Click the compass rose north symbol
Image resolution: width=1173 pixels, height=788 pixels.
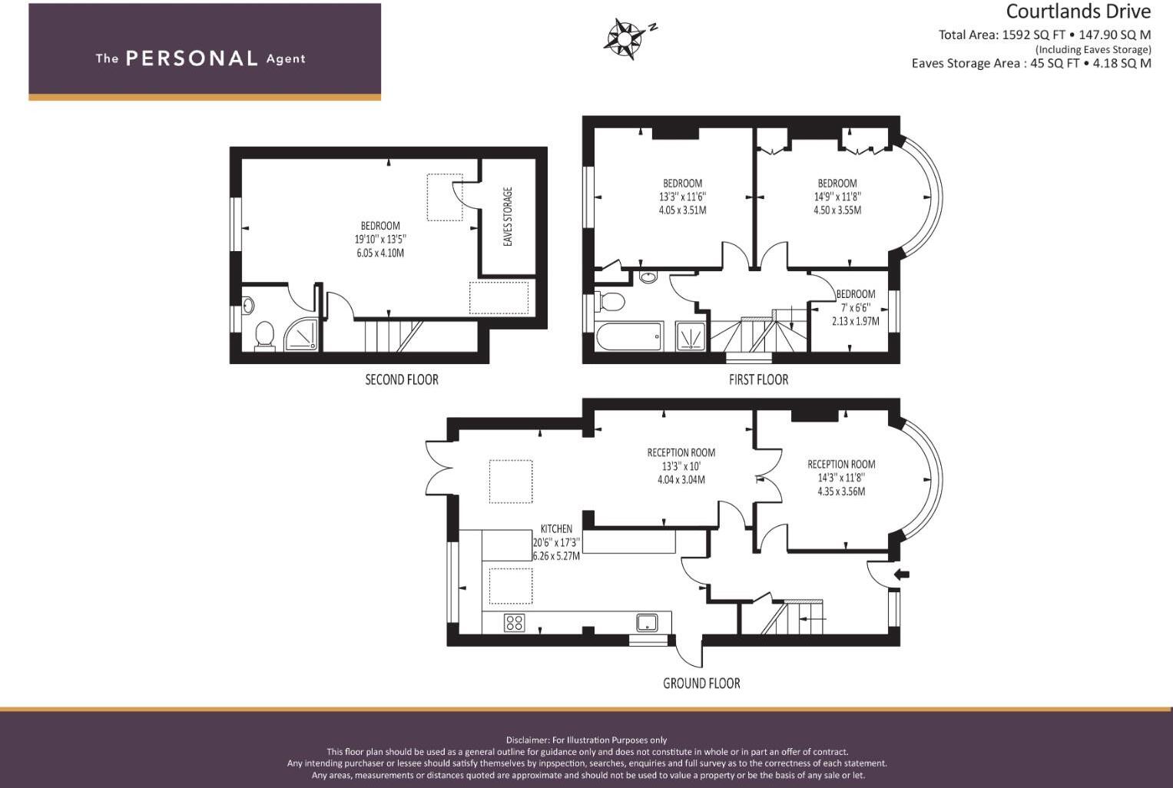point(626,38)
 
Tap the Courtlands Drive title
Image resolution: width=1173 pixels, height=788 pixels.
point(1078,12)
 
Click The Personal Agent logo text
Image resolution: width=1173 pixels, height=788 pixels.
point(200,58)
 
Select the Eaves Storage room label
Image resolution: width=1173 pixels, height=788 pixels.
point(508,217)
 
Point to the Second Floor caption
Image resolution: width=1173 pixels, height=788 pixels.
point(401,379)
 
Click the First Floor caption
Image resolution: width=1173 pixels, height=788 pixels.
point(758,379)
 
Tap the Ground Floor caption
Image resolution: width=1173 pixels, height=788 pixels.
point(701,683)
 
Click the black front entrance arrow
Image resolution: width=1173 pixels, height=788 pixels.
point(902,574)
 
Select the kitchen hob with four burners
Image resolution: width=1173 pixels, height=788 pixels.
point(514,622)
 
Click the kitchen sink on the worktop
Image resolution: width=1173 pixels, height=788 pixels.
point(647,621)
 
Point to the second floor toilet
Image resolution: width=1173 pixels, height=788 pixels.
point(264,335)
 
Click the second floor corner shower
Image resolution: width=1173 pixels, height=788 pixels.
point(301,336)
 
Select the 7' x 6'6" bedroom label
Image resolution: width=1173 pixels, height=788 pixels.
point(855,307)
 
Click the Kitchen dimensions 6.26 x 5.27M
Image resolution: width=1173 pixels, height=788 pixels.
point(556,555)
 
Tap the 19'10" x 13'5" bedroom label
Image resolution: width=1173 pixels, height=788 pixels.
point(380,239)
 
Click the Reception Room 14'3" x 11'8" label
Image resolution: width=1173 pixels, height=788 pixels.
point(841,478)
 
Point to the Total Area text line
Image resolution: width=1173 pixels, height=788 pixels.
point(1044,35)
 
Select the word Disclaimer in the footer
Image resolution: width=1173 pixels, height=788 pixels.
point(527,740)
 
